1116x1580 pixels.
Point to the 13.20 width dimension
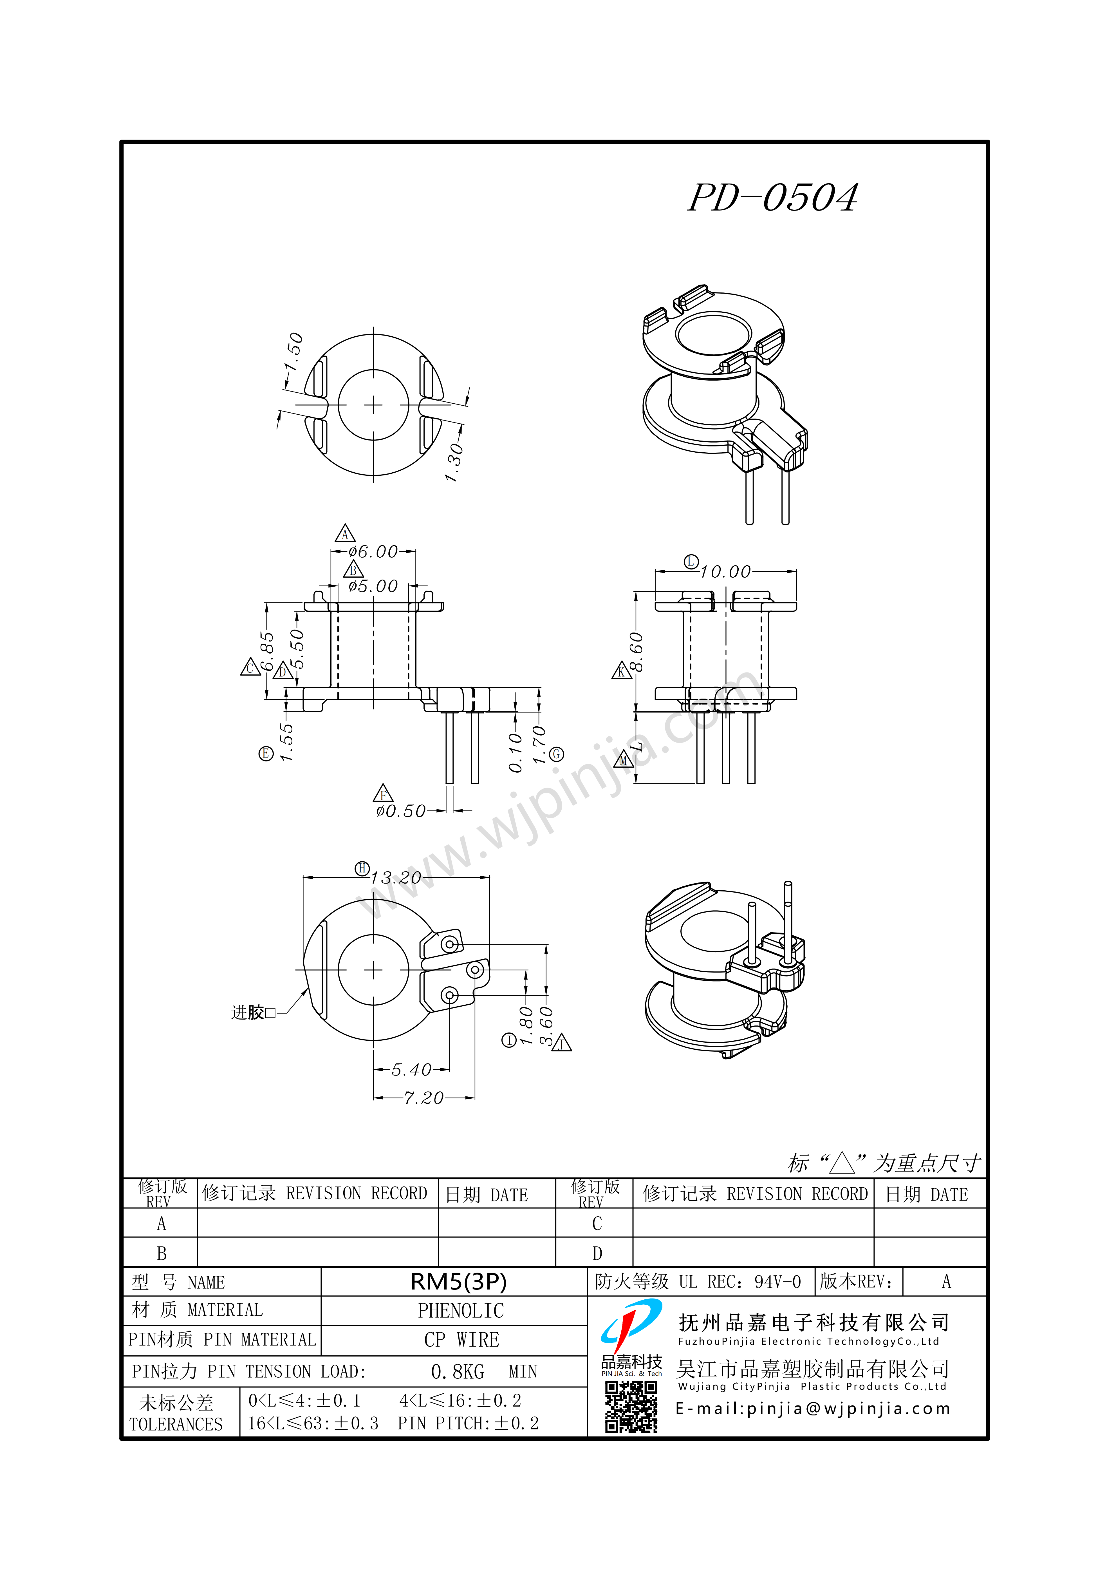[x=396, y=878]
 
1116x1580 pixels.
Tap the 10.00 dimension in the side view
[x=726, y=572]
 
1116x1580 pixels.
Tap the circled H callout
[x=362, y=868]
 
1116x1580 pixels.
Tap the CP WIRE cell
[x=461, y=1340]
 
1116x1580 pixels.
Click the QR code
[x=631, y=1409]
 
